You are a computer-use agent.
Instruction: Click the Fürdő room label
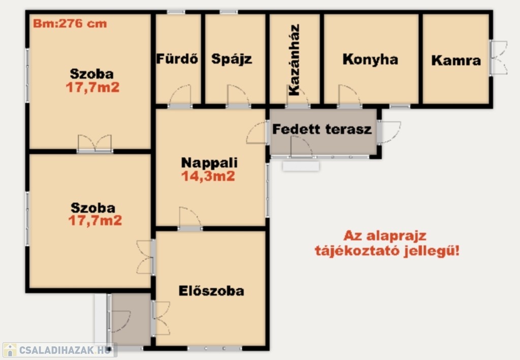177,59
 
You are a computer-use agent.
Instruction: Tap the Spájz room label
232,59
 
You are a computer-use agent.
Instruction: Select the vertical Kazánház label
294,60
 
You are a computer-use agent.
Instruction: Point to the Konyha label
370,59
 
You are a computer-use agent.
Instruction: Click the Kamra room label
456,60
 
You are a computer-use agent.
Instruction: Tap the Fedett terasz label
321,129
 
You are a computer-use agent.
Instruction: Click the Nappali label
209,163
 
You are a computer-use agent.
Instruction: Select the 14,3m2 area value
208,176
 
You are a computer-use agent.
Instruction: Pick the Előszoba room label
211,291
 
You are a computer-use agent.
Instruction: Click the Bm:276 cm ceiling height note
70,23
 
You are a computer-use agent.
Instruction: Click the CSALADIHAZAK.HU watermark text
64,350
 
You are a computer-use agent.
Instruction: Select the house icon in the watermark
10,350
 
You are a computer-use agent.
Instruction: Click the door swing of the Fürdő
181,95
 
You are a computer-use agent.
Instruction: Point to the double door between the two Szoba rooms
95,143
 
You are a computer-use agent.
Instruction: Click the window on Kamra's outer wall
498,58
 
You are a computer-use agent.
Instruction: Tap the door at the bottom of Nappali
190,217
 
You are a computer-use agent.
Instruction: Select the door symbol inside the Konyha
349,95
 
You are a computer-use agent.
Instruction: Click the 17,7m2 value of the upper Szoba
92,87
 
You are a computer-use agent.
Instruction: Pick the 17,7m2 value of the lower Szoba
95,220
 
